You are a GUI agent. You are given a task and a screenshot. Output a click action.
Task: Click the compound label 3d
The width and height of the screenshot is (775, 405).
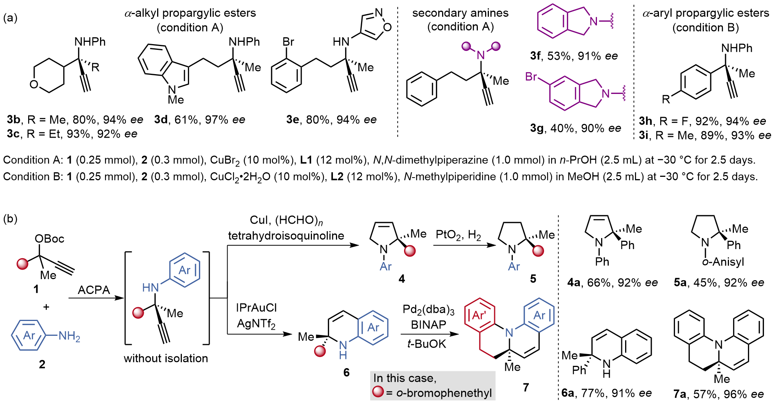point(161,120)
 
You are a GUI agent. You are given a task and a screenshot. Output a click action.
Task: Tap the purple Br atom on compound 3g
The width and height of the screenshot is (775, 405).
point(531,77)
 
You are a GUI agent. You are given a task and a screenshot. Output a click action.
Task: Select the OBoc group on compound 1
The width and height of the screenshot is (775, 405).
point(49,239)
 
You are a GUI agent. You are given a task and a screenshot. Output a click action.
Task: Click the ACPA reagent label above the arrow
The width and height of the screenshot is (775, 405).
point(94,290)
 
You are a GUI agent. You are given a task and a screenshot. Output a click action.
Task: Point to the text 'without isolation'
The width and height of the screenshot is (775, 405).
point(166,358)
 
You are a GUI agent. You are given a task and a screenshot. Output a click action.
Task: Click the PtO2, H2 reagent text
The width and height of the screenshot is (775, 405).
point(458,235)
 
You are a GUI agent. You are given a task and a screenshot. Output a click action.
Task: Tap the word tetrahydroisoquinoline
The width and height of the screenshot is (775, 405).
point(286,236)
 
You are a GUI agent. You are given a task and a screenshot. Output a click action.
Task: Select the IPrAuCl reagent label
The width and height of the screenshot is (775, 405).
point(256,308)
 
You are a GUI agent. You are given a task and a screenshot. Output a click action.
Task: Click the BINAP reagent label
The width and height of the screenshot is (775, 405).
point(428,325)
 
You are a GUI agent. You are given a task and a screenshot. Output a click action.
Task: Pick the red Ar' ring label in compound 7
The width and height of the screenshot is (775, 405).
point(479,315)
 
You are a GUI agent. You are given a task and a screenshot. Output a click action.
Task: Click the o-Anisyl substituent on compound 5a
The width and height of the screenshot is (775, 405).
point(723,262)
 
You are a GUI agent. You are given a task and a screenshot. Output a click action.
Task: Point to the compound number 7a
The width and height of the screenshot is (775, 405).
point(680,394)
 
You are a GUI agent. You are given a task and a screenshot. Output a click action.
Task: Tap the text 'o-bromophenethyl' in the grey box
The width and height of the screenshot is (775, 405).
point(444,393)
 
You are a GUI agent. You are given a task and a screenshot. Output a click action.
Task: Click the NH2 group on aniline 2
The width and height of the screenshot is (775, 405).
point(69,336)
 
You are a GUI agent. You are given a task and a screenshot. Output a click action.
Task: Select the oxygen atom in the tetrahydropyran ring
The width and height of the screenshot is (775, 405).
point(34,84)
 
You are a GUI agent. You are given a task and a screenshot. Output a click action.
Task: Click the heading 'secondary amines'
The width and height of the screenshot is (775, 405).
point(460,13)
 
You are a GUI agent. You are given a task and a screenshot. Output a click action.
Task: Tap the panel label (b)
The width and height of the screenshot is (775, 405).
point(10,219)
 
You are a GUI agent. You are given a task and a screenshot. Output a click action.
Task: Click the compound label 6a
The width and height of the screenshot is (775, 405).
point(568,393)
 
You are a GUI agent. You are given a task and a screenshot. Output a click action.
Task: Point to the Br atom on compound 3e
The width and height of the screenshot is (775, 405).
point(288,41)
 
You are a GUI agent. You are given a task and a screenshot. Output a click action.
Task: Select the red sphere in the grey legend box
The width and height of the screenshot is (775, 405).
point(378,392)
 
